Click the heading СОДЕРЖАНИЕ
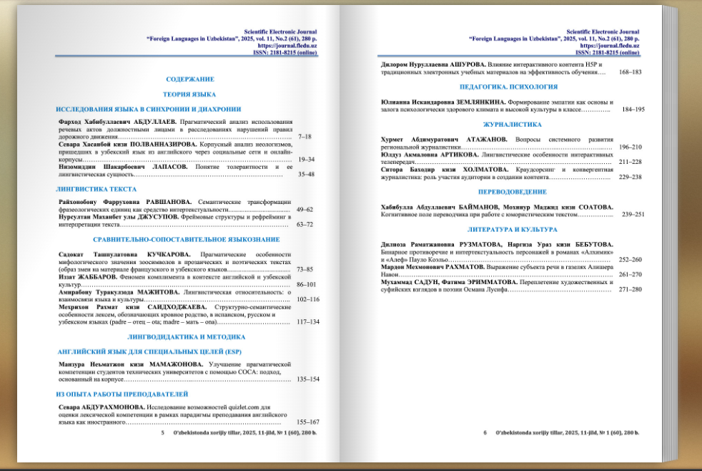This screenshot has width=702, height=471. coord(190,79)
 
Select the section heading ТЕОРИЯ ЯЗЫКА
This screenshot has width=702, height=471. coord(190,94)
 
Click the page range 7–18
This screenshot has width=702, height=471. coord(305,136)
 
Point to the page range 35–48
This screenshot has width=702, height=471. coord(306,174)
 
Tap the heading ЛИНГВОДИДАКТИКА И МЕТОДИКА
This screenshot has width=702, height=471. coord(187,336)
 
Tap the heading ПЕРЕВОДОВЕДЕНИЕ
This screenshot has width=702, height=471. coord(512,192)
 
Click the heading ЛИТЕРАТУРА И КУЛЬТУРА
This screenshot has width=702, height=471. coord(512,230)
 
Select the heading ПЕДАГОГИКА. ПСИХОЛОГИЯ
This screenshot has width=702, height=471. coord(508,86)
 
